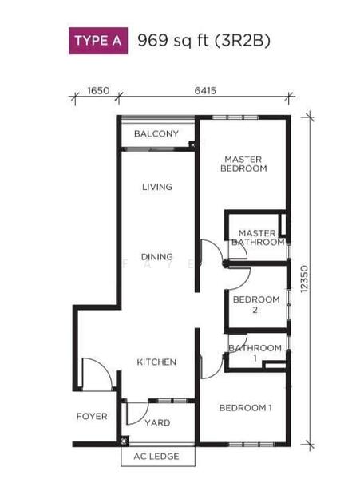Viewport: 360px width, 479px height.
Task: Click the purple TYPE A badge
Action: tap(98, 41)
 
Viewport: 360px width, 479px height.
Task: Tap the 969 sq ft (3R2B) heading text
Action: tap(204, 41)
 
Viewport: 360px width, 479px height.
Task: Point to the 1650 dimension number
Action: tap(98, 91)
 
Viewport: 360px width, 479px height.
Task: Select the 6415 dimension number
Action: tap(205, 91)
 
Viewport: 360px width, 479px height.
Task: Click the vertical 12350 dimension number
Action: tap(304, 279)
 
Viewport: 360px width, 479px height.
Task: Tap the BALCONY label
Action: tap(156, 133)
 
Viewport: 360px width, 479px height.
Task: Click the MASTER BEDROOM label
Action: tap(243, 164)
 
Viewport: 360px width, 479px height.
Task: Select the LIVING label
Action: tap(157, 187)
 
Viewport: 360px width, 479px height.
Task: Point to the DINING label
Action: tap(157, 256)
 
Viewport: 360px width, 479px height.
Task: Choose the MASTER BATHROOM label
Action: tap(258, 238)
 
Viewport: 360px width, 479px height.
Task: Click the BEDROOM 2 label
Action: tap(256, 304)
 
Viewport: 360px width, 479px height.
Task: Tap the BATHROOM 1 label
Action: tap(255, 353)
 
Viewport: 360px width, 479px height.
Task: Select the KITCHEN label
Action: tap(156, 362)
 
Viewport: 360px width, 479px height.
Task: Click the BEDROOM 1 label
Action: tap(246, 408)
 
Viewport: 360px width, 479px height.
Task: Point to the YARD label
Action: tap(157, 423)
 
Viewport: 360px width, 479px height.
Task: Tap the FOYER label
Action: tap(92, 417)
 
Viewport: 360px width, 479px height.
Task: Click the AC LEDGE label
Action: tap(156, 457)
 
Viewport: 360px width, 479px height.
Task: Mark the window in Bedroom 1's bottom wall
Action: tap(251, 444)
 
